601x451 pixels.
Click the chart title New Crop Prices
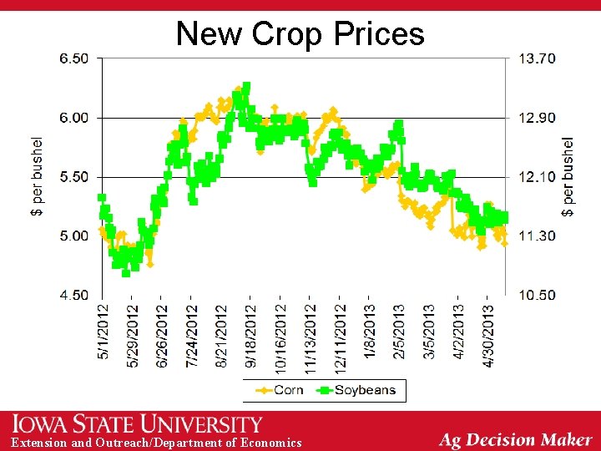coord(300,34)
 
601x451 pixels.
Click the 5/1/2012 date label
coord(104,332)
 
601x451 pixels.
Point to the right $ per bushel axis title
coord(568,177)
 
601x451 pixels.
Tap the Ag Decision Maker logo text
coord(515,438)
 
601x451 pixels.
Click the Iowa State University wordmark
coord(137,424)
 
